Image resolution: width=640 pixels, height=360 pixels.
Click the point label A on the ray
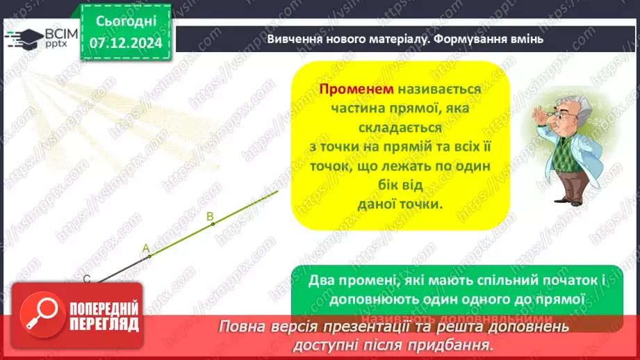pos(146,248)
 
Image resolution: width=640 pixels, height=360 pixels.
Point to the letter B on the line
pos(211,217)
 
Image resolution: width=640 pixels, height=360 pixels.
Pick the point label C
pos(87,279)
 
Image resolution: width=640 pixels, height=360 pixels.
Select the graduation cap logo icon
pos(25,38)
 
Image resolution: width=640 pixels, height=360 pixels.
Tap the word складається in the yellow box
pos(400,128)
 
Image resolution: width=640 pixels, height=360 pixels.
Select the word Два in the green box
pos(322,281)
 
